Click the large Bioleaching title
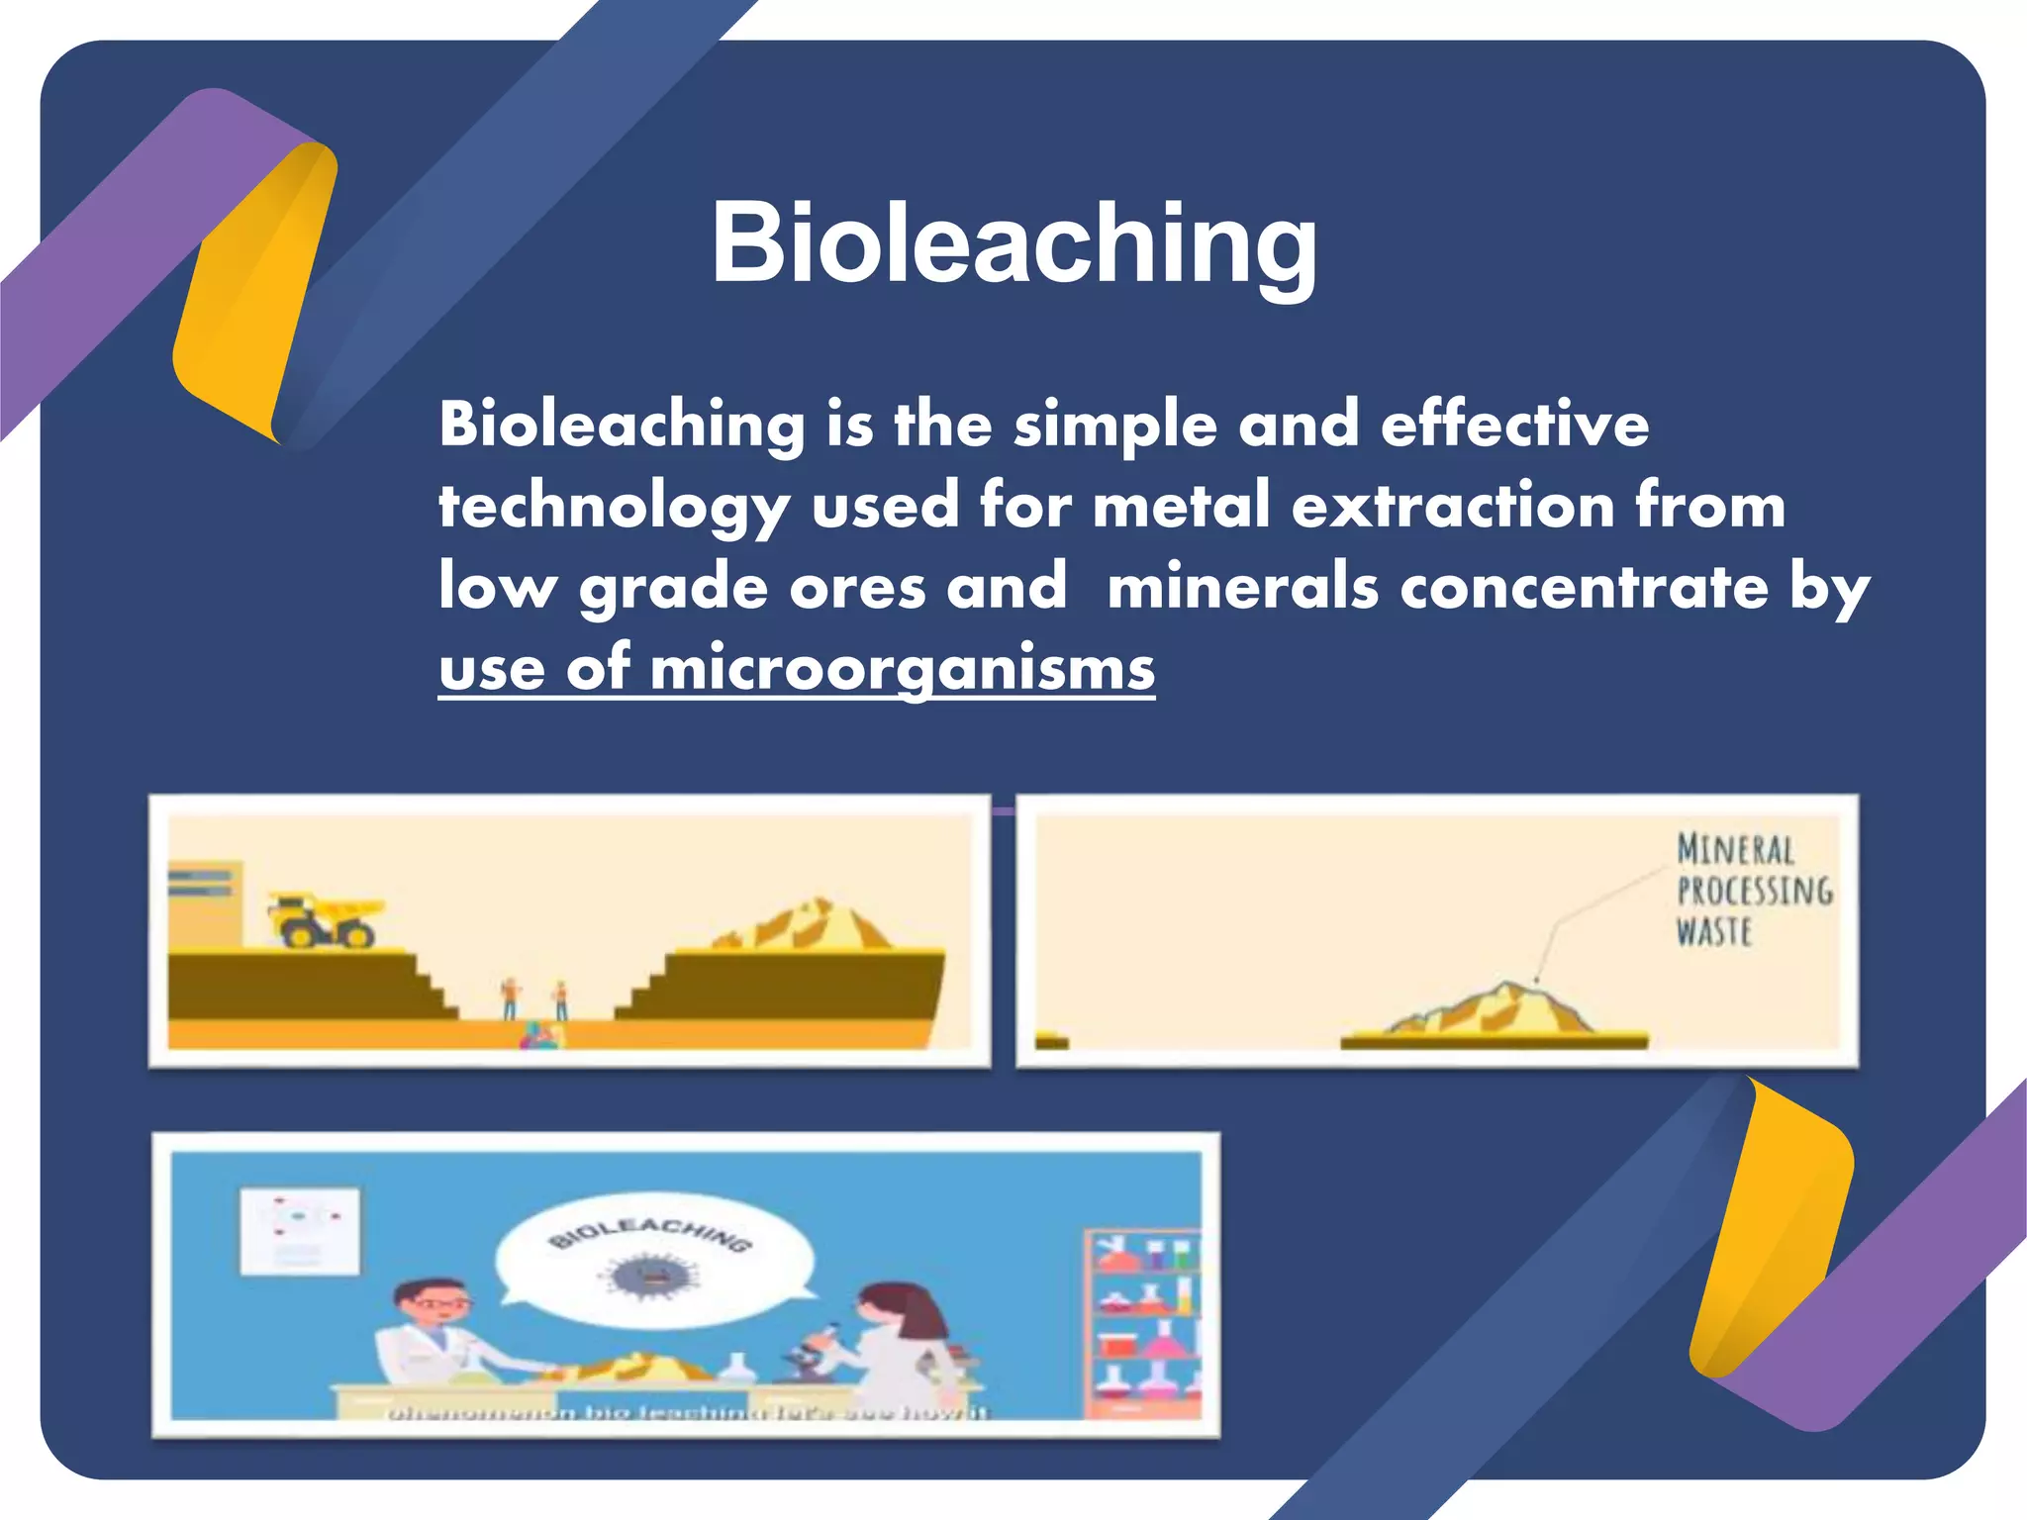click(1013, 242)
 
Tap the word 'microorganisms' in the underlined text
click(902, 669)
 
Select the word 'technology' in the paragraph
click(614, 507)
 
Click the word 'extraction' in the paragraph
click(1454, 505)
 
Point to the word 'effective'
click(1514, 425)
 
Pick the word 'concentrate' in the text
click(1584, 587)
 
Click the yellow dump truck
click(324, 920)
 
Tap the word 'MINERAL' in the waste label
click(1735, 850)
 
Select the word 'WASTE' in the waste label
click(1714, 932)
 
